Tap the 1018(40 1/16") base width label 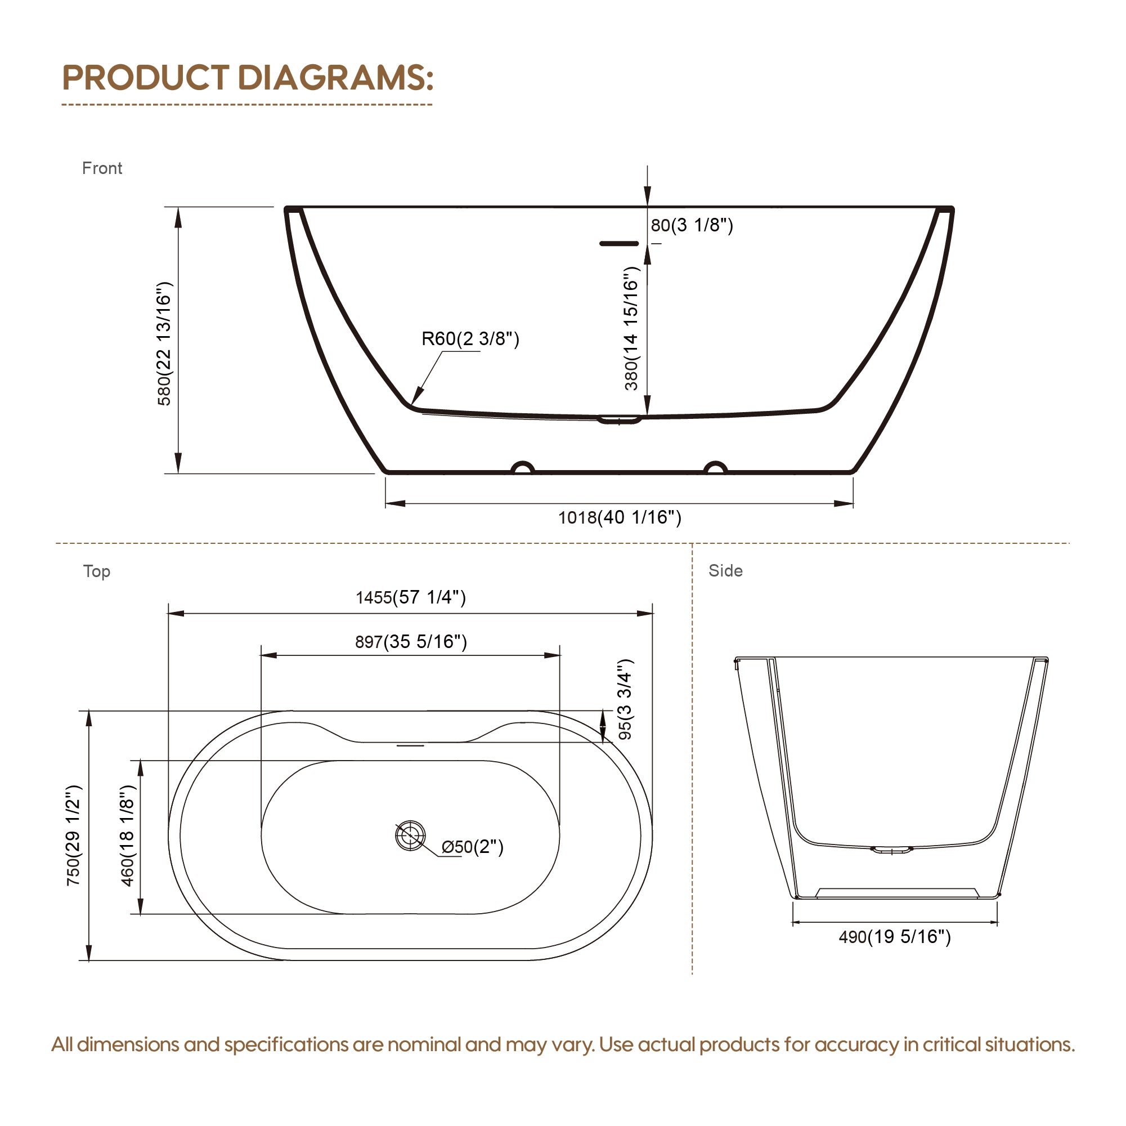coord(620,517)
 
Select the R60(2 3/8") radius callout coord(470,338)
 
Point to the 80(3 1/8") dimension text coord(691,225)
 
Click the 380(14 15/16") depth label coord(631,328)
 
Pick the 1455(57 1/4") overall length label coord(411,597)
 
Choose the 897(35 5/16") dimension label coord(411,641)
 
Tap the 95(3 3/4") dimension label coord(625,699)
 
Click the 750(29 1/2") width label coord(73,835)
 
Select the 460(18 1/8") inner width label coord(127,835)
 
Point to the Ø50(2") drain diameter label coord(472,847)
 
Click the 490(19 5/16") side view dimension coord(894,936)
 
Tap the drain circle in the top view coord(410,835)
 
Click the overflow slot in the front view coord(619,243)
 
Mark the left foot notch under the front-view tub coord(523,468)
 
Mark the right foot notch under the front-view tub coord(716,468)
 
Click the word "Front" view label coord(102,168)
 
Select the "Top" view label coord(96,571)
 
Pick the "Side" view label coord(725,570)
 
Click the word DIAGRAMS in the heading coord(336,78)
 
